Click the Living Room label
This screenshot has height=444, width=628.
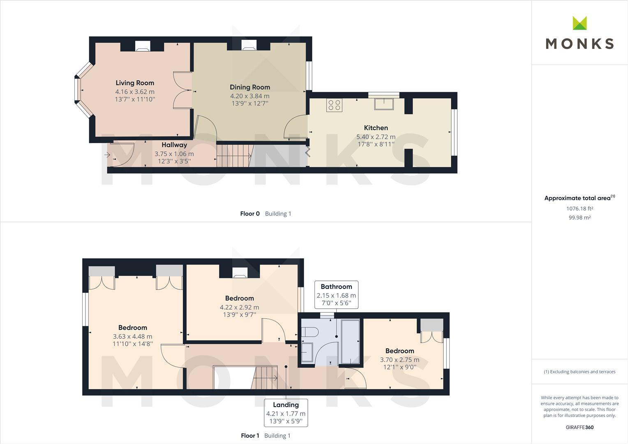pyautogui.click(x=135, y=83)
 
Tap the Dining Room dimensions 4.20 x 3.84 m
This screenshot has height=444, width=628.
pyautogui.click(x=250, y=96)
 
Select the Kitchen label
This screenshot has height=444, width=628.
pyautogui.click(x=376, y=127)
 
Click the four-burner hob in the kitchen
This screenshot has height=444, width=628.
pyautogui.click(x=334, y=105)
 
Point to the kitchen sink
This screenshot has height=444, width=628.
pyautogui.click(x=384, y=104)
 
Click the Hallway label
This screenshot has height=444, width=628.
pyautogui.click(x=174, y=145)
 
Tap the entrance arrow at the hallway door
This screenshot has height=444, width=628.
pyautogui.click(x=107, y=155)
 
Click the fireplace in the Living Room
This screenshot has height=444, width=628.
pyautogui.click(x=143, y=46)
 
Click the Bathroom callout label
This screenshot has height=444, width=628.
pyautogui.click(x=337, y=287)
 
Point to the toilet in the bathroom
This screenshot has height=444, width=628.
pyautogui.click(x=309, y=332)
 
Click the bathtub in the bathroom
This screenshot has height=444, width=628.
pyautogui.click(x=350, y=342)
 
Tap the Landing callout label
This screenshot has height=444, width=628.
pyautogui.click(x=286, y=405)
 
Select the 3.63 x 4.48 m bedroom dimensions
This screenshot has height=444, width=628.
pyautogui.click(x=133, y=336)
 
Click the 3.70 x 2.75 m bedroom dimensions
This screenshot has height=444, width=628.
pyautogui.click(x=400, y=360)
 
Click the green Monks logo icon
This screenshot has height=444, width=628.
pyautogui.click(x=580, y=23)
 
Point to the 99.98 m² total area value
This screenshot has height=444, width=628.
pyautogui.click(x=580, y=217)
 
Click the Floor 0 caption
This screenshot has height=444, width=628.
pyautogui.click(x=250, y=213)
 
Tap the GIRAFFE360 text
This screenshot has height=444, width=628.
pyautogui.click(x=580, y=427)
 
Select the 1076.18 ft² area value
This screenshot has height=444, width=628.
pyautogui.click(x=580, y=208)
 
